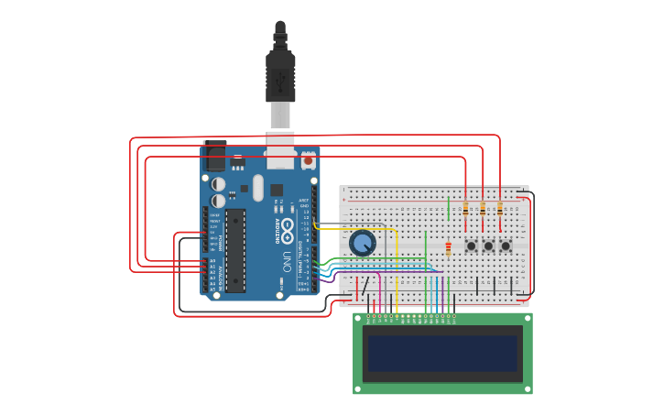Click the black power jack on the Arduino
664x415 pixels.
click(x=216, y=157)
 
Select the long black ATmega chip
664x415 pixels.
click(x=235, y=250)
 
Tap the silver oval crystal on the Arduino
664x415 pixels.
click(x=258, y=188)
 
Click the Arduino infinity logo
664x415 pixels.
click(x=288, y=225)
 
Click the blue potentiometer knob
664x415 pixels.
click(x=363, y=243)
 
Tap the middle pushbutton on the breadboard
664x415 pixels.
click(x=488, y=246)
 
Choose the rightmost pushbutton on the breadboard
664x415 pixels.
click(x=506, y=246)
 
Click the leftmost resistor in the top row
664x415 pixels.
click(x=465, y=209)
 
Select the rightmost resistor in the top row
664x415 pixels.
click(x=500, y=209)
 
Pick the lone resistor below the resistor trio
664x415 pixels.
click(x=448, y=247)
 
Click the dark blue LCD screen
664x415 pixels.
click(x=442, y=353)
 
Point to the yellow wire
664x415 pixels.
click(x=396, y=266)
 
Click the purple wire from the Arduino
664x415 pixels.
click(x=385, y=271)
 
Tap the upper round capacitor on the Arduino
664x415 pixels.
click(x=218, y=184)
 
